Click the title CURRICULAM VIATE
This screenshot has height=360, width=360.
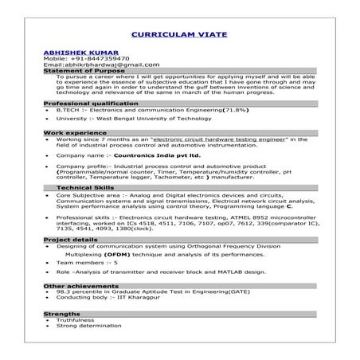pyautogui.click(x=180, y=36)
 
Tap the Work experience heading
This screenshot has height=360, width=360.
pyautogui.click(x=69, y=132)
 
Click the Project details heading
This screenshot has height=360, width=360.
pyautogui.click(x=71, y=239)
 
